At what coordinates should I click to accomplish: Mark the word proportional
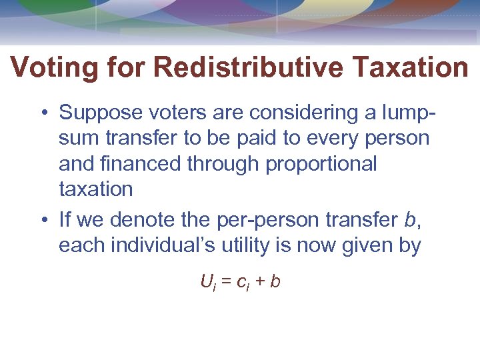[x=321, y=163]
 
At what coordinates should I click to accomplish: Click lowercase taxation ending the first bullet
[x=96, y=189]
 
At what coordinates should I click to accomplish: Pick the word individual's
[x=161, y=245]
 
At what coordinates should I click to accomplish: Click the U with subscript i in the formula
[x=207, y=282]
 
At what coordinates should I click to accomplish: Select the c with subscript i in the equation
[x=243, y=283]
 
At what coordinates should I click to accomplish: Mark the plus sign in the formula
[x=259, y=282]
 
